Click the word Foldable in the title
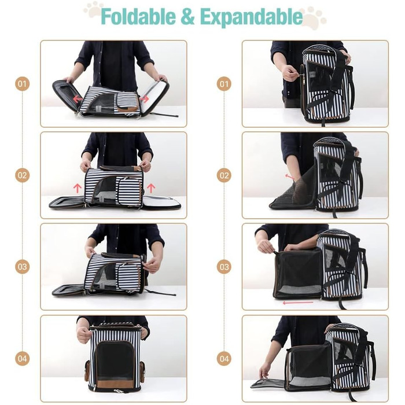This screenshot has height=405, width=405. coord(138,17)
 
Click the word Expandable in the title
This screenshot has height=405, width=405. coord(251,17)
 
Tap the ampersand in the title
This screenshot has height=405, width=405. coord(188,17)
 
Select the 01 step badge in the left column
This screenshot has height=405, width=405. coord(22,84)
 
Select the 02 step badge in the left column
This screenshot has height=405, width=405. coord(22,175)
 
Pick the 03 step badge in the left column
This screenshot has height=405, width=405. coord(22,267)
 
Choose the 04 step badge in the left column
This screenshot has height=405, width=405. coord(22,359)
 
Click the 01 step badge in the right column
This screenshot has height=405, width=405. coord(224,84)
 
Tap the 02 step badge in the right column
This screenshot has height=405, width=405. coord(224,175)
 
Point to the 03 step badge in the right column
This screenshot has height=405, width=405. coord(224,267)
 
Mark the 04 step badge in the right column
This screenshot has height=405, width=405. coord(224,359)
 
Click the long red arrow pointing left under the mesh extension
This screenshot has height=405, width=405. coord(298,303)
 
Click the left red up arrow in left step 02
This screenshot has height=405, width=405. coord(77,188)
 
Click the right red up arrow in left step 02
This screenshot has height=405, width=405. coord(151,188)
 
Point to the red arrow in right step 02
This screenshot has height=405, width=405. coord(289,176)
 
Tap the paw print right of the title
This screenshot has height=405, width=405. coord(313,18)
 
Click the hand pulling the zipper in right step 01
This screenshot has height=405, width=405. coord(290,72)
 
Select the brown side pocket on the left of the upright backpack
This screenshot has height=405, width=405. coord(87,371)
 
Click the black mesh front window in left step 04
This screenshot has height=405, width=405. coord(115,361)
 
